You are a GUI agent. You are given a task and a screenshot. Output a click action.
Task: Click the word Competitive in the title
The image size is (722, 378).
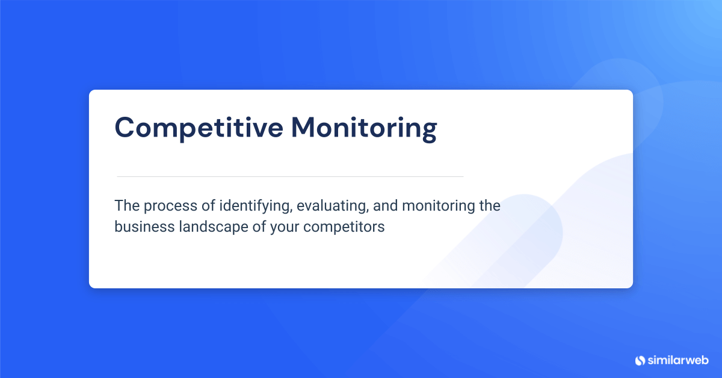(x=199, y=128)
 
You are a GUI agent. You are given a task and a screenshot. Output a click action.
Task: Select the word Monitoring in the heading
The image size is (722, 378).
(x=364, y=128)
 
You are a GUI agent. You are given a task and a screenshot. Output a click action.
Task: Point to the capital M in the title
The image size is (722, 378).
(x=304, y=128)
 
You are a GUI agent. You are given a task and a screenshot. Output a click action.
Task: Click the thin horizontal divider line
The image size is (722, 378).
(x=290, y=177)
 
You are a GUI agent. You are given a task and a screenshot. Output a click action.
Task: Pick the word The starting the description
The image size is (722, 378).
(x=127, y=206)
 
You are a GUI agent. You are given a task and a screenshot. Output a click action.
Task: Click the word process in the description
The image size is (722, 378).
(x=170, y=207)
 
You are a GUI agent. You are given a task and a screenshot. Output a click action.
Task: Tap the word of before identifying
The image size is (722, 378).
(x=208, y=206)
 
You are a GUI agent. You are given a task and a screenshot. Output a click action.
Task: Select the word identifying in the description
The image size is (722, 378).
(x=256, y=207)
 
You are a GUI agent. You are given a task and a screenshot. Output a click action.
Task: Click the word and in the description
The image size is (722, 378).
(x=385, y=206)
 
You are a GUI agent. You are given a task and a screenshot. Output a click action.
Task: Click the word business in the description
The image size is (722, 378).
(x=144, y=226)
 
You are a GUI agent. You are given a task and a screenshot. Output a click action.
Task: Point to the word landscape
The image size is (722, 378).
(x=214, y=228)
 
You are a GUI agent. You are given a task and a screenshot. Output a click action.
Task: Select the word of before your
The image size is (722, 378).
(x=259, y=226)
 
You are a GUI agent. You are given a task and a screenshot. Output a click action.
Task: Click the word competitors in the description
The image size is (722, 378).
(x=344, y=227)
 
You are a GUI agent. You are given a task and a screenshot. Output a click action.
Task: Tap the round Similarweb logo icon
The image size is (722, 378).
(x=640, y=361)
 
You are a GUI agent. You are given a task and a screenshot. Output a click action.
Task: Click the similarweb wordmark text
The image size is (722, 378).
(x=678, y=360)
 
